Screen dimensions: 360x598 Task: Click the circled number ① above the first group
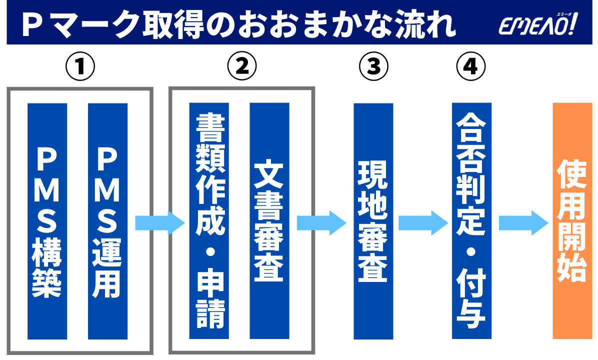(80, 66)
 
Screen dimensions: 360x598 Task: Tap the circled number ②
(241, 66)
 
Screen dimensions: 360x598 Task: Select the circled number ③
(373, 66)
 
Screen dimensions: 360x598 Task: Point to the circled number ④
(471, 66)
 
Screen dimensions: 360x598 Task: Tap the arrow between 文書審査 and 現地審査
(321, 223)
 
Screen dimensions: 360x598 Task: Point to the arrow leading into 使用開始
(523, 223)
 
